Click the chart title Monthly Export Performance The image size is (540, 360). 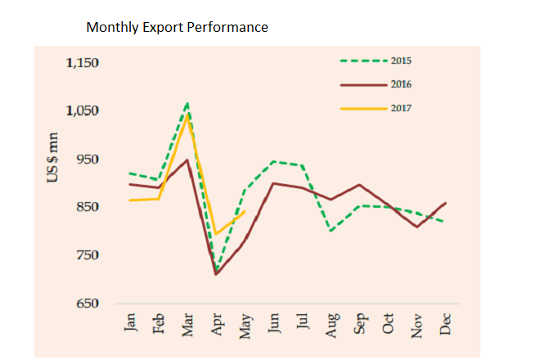coord(177,28)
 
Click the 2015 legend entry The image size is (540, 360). coord(400,61)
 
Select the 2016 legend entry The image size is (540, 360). coord(400,84)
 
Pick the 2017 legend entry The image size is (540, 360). coord(400,107)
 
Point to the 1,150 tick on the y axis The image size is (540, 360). coord(81,63)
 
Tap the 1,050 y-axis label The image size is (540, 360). coord(81,111)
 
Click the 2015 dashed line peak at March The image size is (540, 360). coord(188,103)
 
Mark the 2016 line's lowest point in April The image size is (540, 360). coord(217,274)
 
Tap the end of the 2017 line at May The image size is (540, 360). coord(245,211)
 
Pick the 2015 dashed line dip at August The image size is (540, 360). coord(331,231)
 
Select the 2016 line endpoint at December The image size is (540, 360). coord(446,202)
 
